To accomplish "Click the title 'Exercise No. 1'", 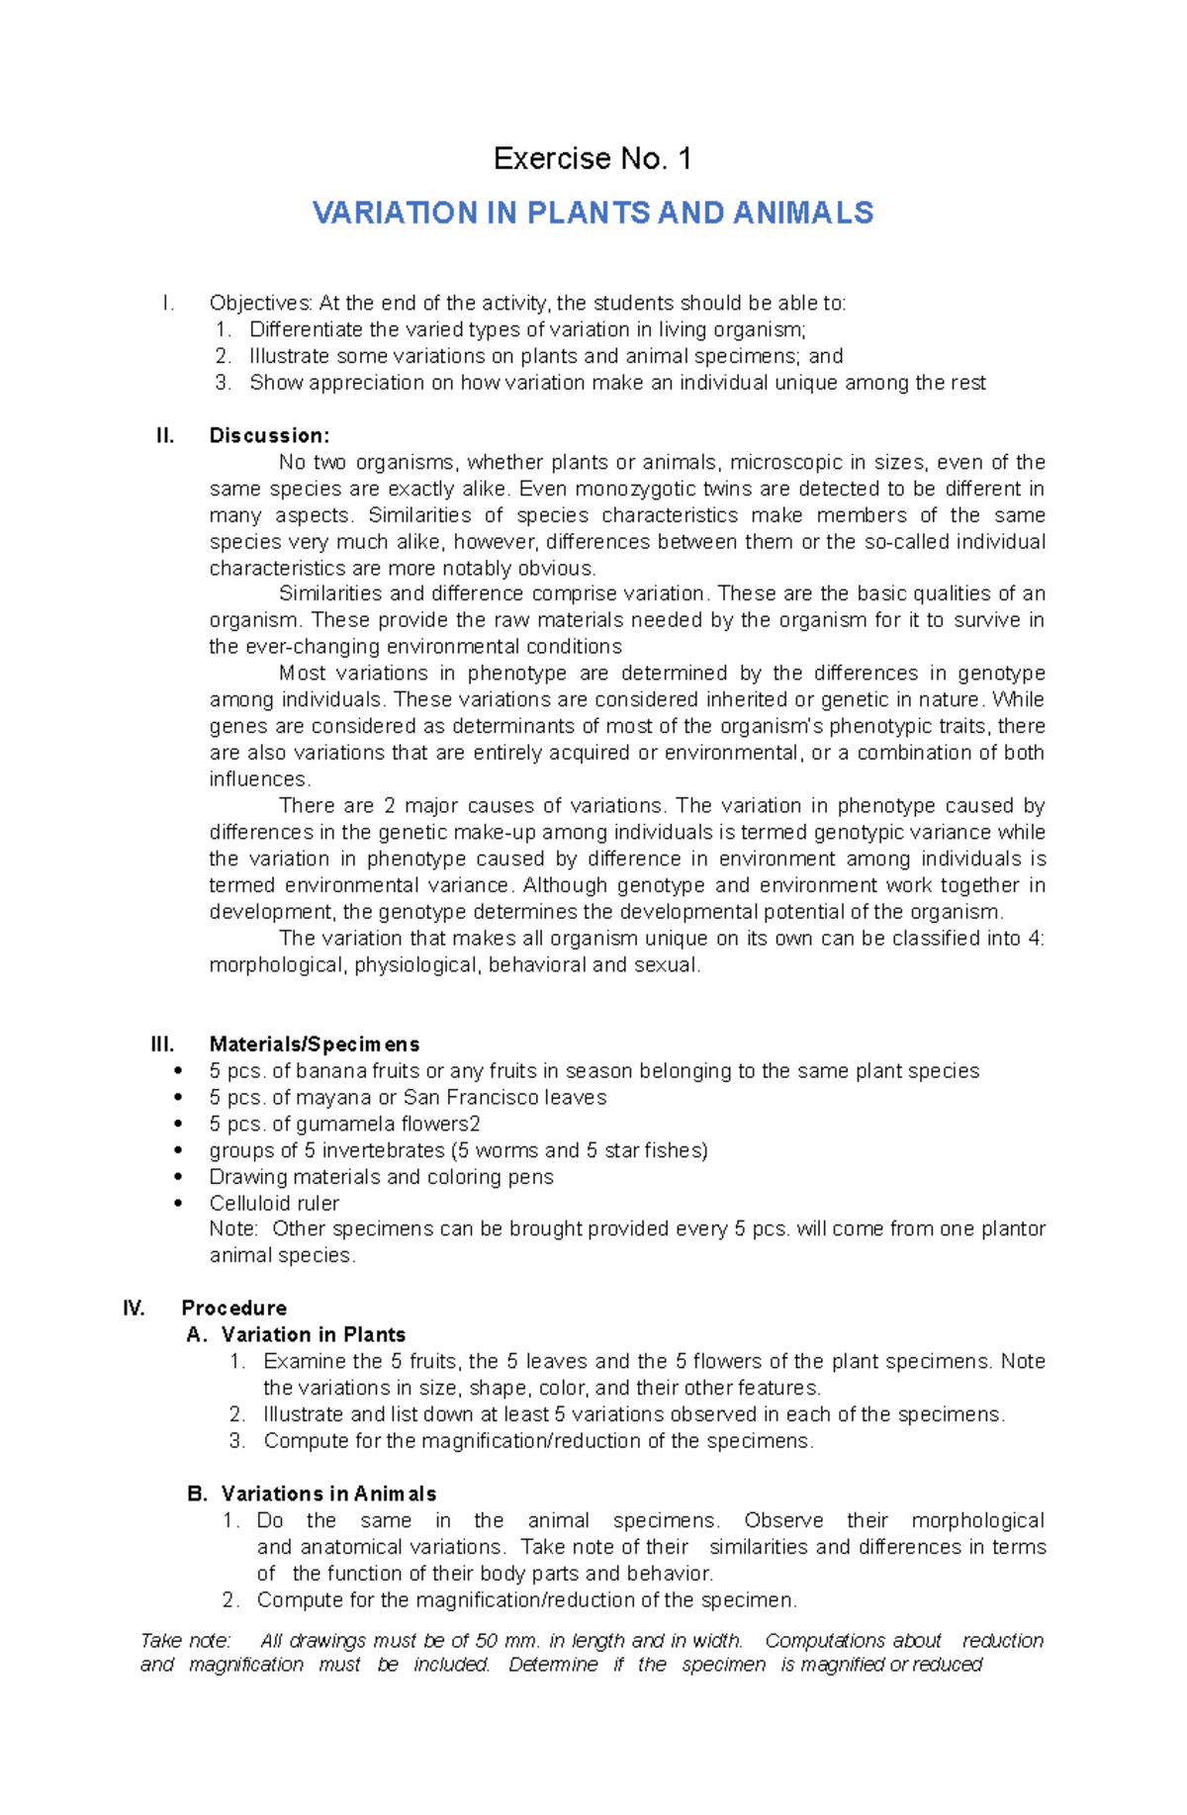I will pyautogui.click(x=593, y=158).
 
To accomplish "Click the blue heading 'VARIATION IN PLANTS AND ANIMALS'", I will pyautogui.click(x=593, y=213).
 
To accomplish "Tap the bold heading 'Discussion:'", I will pyautogui.click(x=269, y=435).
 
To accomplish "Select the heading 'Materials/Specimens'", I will pyautogui.click(x=315, y=1044).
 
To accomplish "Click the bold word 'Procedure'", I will pyautogui.click(x=234, y=1308).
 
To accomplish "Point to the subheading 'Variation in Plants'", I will pyautogui.click(x=314, y=1334).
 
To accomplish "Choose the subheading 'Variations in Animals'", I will pyautogui.click(x=328, y=1494).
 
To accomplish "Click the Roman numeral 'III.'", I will pyautogui.click(x=162, y=1044).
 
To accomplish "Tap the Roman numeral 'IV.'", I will pyautogui.click(x=134, y=1308).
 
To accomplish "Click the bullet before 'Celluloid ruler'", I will pyautogui.click(x=178, y=1204).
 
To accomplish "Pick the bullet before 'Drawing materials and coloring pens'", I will pyautogui.click(x=178, y=1177).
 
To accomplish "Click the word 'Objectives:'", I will pyautogui.click(x=260, y=303).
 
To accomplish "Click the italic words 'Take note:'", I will pyautogui.click(x=186, y=1640).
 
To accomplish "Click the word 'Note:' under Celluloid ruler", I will pyautogui.click(x=233, y=1228).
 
